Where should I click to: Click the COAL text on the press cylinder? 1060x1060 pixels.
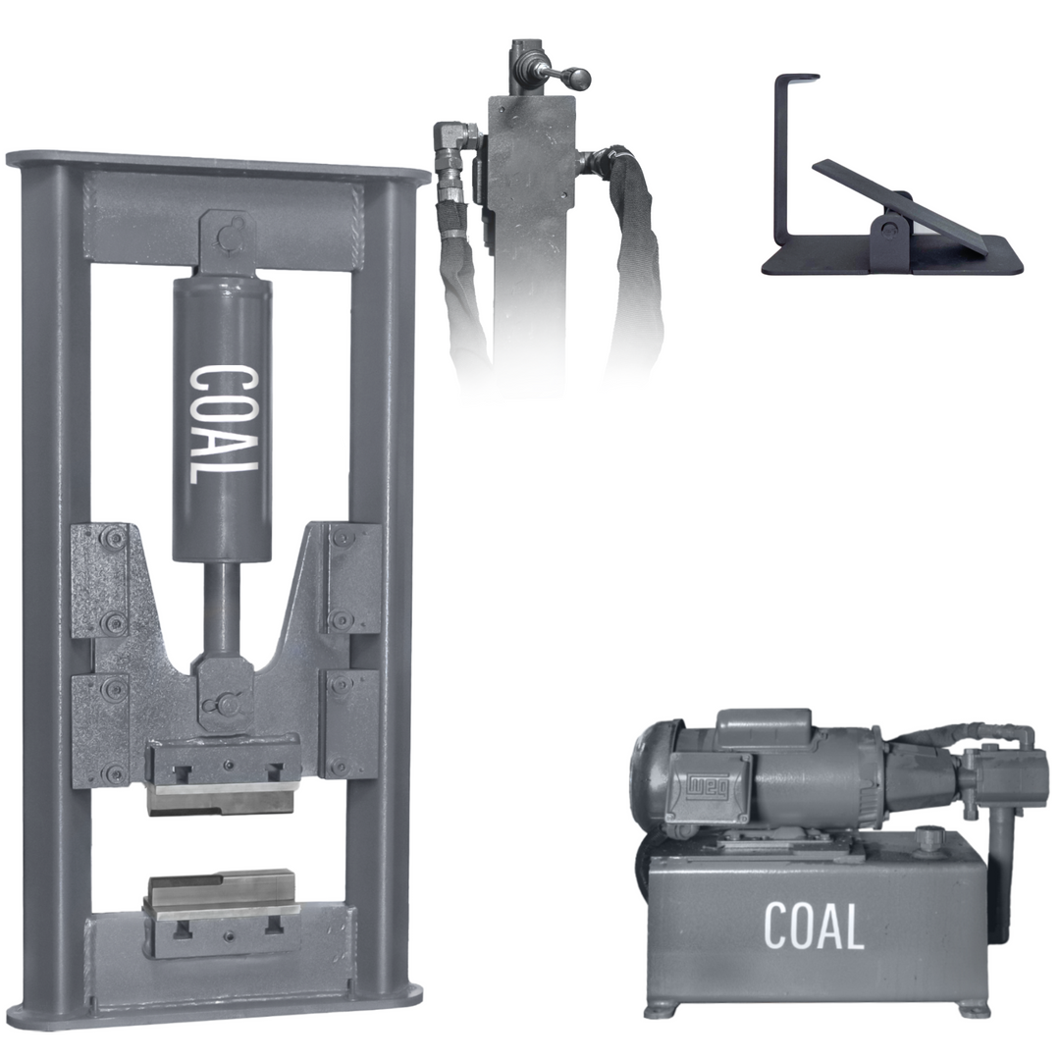click(x=223, y=425)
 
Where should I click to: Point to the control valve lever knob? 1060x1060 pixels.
click(x=581, y=78)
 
